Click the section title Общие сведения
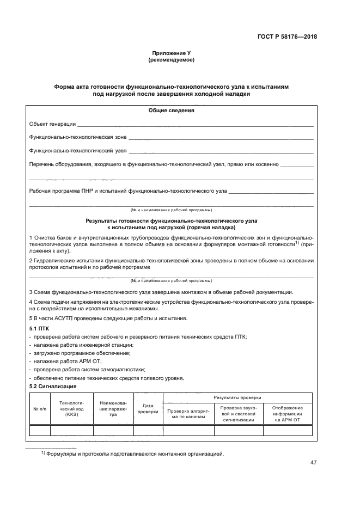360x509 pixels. click(171, 111)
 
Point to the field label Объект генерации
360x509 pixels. click(52, 124)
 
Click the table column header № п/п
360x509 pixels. click(40, 408)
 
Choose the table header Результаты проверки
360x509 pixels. click(237, 398)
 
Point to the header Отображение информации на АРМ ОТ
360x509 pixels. click(288, 414)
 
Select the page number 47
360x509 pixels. click(313, 463)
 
